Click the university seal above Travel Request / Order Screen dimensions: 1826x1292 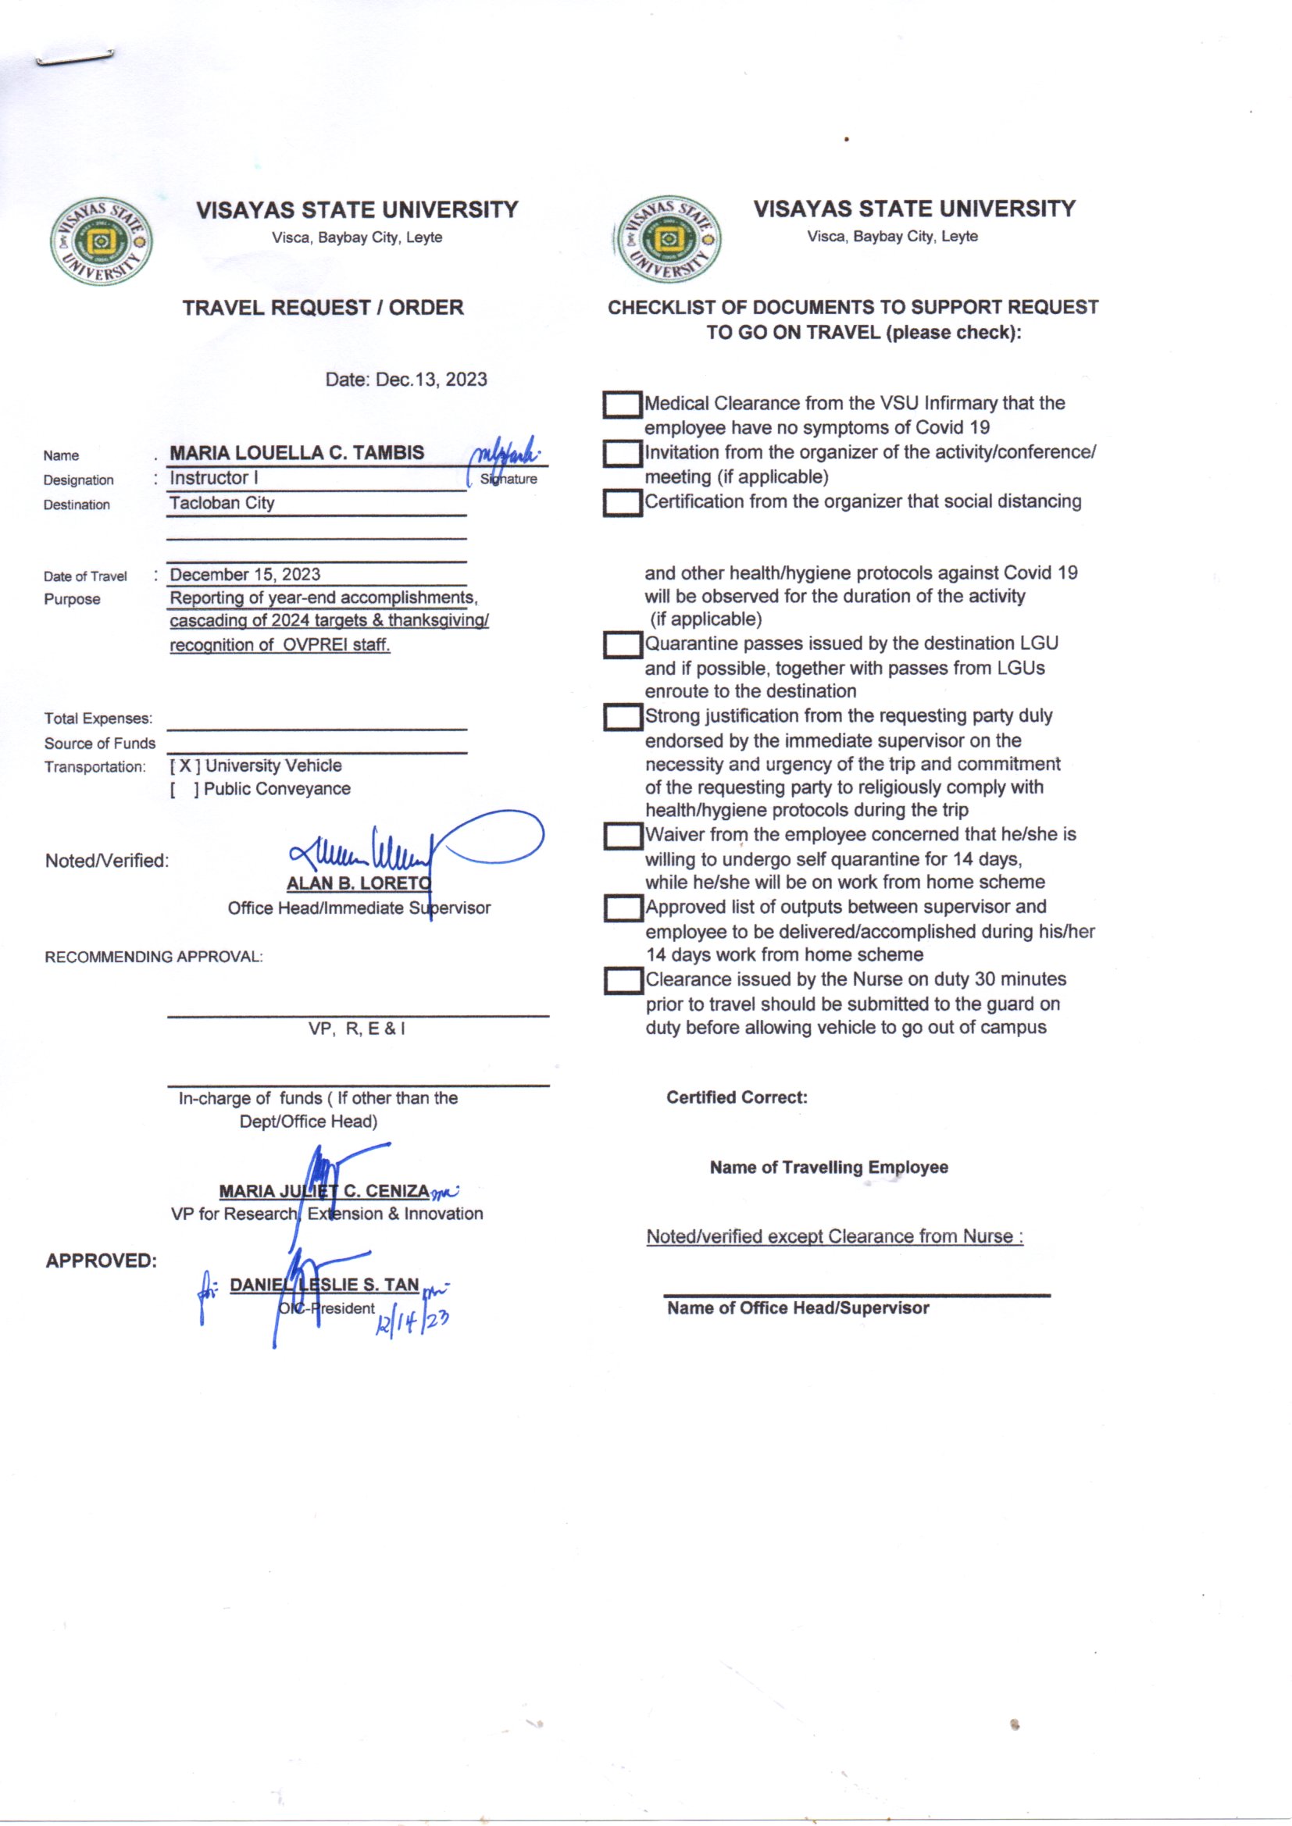[102, 241]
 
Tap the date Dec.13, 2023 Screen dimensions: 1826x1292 [405, 380]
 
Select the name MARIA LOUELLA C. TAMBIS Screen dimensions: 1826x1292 [297, 452]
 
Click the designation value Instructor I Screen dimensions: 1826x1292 [213, 478]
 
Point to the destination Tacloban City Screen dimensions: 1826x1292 [222, 503]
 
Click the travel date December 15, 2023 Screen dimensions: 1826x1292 [245, 574]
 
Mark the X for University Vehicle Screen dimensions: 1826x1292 [184, 766]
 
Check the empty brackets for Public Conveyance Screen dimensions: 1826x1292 [184, 789]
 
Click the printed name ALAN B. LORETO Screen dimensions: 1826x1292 [358, 883]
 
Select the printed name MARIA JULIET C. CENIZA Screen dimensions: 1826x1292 [324, 1190]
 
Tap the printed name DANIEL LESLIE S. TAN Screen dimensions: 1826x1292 [324, 1285]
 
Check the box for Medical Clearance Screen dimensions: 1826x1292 [622, 405]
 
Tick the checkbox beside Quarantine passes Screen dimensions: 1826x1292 [622, 645]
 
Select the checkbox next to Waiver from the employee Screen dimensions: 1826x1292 [622, 836]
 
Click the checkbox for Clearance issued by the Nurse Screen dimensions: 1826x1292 [623, 981]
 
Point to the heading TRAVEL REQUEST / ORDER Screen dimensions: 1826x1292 [323, 308]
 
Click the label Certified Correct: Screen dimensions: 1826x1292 [737, 1097]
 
